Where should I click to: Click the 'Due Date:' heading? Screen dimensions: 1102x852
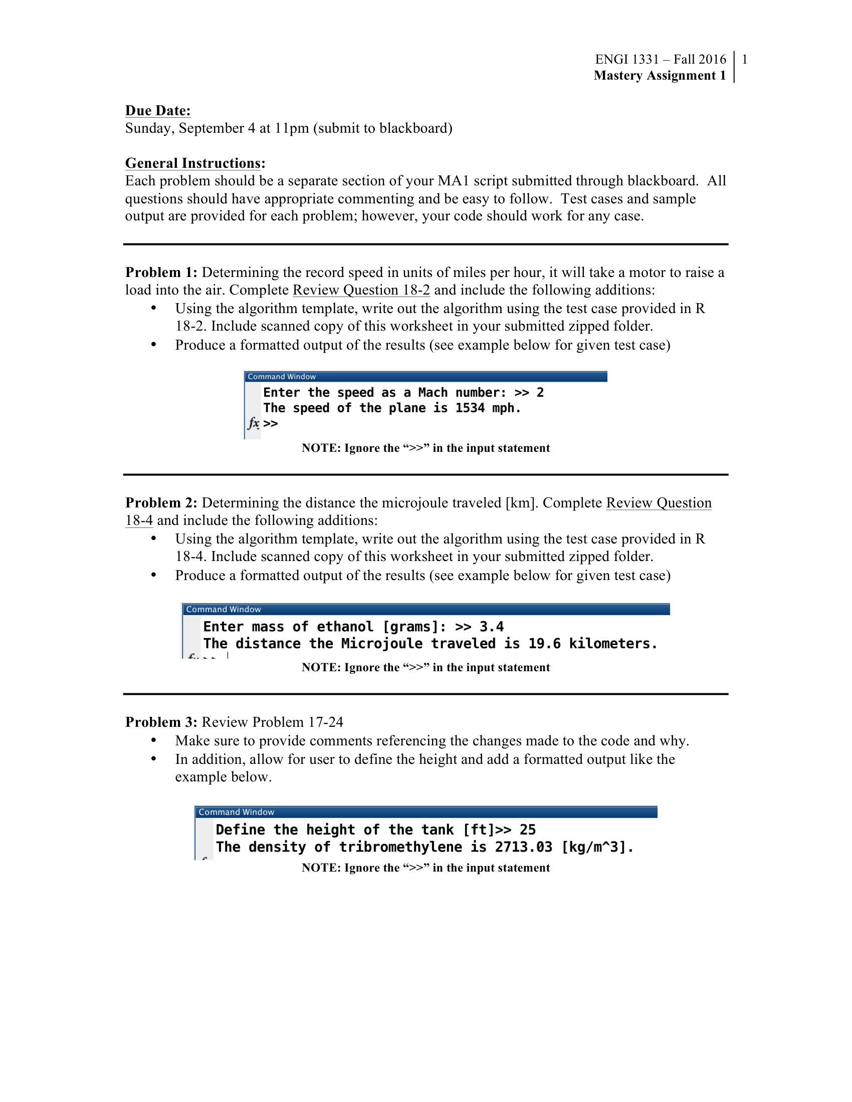coord(157,111)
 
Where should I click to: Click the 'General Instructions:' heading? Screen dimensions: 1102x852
coord(195,163)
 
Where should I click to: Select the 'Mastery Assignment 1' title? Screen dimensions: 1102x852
coord(659,75)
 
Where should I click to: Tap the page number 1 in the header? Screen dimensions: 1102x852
coord(744,60)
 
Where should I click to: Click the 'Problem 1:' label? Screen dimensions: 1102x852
coord(161,272)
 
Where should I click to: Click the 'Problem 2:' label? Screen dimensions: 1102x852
coord(161,503)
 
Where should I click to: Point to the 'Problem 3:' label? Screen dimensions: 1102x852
coord(161,722)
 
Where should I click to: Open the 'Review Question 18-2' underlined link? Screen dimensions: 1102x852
coord(361,290)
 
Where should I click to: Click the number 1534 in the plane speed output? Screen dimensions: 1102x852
coord(470,408)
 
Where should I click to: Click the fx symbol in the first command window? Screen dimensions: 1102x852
coord(254,423)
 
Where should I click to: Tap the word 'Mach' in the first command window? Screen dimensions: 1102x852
coord(433,393)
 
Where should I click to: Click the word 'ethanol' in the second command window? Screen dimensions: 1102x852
coord(345,627)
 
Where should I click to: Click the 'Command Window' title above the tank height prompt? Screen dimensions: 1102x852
coord(236,812)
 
